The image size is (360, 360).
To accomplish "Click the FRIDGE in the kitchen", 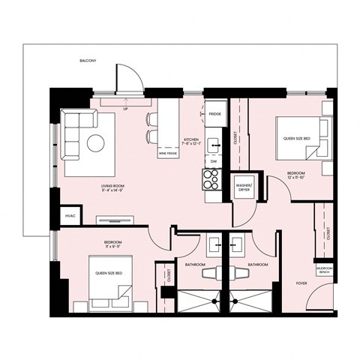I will coord(214,114).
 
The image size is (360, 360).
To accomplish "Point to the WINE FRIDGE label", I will coord(175,152).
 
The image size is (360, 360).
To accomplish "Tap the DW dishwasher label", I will coord(214,160).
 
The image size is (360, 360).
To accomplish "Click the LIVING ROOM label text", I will coord(113,188).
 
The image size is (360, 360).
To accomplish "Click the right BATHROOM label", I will coord(258,264).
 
